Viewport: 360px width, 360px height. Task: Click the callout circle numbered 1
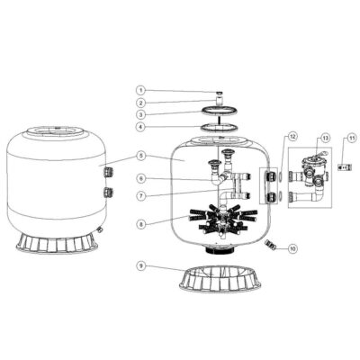140,90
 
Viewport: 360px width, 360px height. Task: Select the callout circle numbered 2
140,103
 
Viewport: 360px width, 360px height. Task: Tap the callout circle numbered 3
140,114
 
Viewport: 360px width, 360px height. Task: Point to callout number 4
140,127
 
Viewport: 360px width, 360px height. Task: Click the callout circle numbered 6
140,179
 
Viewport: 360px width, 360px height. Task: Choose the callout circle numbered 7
140,196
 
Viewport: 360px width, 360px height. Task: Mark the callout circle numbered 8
140,223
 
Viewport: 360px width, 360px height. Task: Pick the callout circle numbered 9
140,265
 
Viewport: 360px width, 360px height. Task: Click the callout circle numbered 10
292,248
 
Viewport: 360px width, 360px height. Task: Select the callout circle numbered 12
292,136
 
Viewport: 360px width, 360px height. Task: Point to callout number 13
326,138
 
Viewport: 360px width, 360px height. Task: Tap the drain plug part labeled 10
270,244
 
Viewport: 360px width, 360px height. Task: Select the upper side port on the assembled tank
108,172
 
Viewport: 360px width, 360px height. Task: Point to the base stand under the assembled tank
57,242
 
